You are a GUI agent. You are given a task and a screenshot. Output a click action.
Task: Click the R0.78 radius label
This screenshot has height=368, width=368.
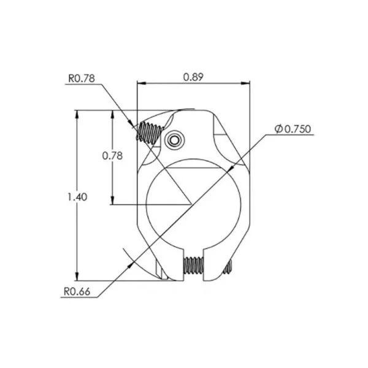click(82, 79)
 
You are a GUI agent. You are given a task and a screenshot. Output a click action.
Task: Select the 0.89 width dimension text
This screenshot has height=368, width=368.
click(193, 77)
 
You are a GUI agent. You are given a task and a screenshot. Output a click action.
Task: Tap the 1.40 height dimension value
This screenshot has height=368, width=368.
click(77, 197)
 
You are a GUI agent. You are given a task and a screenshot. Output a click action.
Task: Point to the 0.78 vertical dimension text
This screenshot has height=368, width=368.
click(112, 156)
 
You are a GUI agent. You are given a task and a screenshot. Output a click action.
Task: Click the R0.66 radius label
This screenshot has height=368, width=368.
click(77, 292)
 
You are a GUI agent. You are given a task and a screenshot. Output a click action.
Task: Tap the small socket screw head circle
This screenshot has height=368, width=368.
click(174, 140)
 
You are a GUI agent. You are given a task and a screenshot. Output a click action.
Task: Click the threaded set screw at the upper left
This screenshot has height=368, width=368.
click(150, 132)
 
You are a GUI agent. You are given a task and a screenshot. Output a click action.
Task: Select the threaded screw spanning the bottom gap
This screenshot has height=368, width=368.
click(193, 265)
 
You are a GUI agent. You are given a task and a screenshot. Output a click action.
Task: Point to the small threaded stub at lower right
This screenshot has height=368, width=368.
click(228, 267)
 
